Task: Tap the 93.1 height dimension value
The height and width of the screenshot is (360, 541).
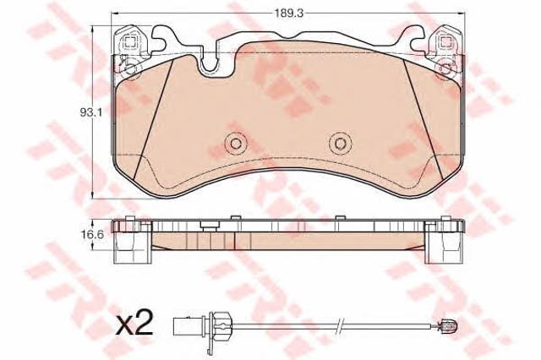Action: (x=90, y=112)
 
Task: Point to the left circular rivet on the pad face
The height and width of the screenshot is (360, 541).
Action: (x=236, y=143)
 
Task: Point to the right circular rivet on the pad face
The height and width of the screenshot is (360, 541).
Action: (x=340, y=143)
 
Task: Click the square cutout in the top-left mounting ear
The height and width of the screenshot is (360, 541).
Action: (x=129, y=43)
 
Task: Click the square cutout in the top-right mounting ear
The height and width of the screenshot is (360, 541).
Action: (x=446, y=43)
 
